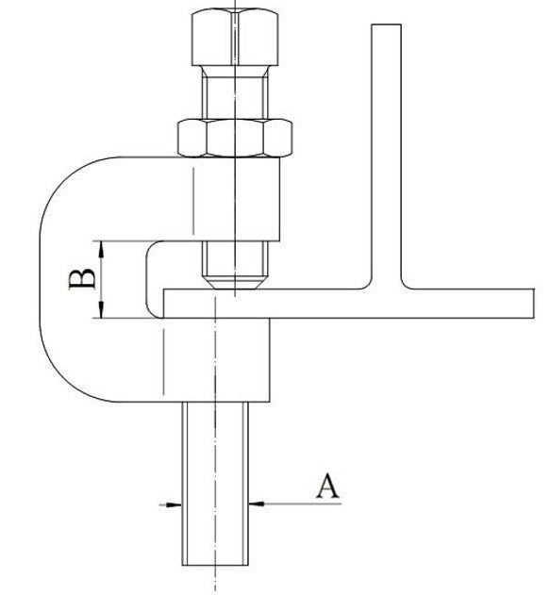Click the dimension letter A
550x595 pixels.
click(328, 486)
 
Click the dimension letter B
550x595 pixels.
click(82, 279)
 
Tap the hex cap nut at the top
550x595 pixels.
click(235, 38)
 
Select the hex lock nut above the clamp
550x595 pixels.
click(235, 138)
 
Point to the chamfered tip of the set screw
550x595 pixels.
click(235, 283)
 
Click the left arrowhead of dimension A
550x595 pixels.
click(175, 504)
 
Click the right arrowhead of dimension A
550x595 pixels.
click(257, 504)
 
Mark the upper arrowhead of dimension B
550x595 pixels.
click(101, 249)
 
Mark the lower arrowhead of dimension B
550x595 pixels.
click(101, 309)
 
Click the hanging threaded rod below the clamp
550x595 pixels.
click(215, 484)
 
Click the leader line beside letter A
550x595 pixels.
click(303, 504)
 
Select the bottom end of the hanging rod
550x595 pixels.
click(215, 565)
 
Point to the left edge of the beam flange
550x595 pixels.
click(163, 304)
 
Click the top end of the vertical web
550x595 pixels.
click(387, 25)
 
